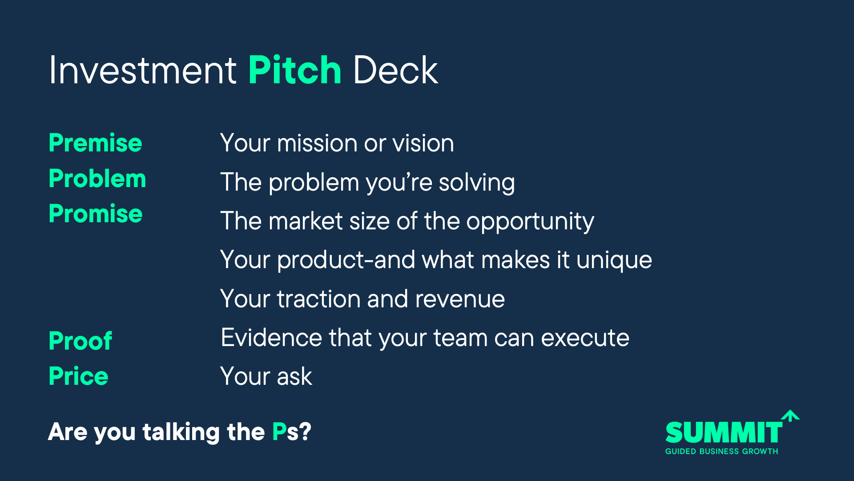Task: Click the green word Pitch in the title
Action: [x=295, y=70]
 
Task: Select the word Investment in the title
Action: [x=143, y=70]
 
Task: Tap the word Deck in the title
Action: [x=395, y=70]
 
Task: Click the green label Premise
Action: [x=95, y=143]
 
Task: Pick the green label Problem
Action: [x=97, y=179]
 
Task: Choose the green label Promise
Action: [x=96, y=214]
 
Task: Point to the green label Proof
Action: [x=80, y=341]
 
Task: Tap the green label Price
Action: [x=78, y=376]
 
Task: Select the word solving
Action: [x=477, y=183]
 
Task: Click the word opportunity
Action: [x=530, y=222]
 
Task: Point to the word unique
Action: [x=614, y=261]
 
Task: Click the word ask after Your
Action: [x=294, y=377]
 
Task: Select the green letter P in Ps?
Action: [x=279, y=432]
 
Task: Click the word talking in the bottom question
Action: [x=181, y=432]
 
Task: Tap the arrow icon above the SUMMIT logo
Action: [x=790, y=416]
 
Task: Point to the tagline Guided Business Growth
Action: [x=721, y=451]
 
